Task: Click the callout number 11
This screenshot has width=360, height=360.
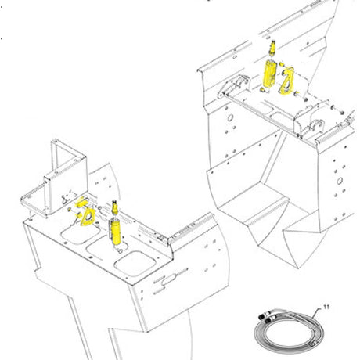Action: (x=326, y=307)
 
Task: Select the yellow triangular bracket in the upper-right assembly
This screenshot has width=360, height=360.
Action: (x=287, y=81)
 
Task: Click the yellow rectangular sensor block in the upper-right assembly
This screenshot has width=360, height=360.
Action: (x=269, y=73)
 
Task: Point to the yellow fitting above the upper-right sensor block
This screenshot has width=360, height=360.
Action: (x=272, y=49)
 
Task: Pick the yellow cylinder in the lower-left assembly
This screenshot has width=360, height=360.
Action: (x=115, y=232)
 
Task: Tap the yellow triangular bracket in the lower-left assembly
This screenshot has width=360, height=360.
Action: (x=88, y=217)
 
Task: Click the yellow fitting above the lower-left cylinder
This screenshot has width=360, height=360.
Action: (x=114, y=207)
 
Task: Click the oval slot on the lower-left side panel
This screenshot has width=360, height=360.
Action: (x=168, y=280)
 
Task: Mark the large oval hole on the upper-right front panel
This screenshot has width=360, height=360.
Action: (x=230, y=117)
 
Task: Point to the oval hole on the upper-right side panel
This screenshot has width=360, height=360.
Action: (x=340, y=181)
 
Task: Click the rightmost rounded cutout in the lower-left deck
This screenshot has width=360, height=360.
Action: (x=135, y=264)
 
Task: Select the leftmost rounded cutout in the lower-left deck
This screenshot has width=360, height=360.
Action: (x=81, y=232)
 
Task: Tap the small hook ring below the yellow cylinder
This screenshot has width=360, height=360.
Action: (x=120, y=251)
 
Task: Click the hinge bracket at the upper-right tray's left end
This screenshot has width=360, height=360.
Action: (x=234, y=86)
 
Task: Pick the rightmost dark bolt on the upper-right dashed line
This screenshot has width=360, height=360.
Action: (x=342, y=113)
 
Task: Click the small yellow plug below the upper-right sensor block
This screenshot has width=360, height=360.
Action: (x=262, y=90)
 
